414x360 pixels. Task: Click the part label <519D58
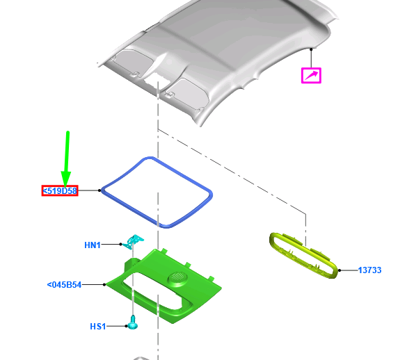60,190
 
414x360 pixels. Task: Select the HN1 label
93,245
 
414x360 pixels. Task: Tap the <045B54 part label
64,285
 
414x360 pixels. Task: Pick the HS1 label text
97,327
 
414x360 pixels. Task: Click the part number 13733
369,270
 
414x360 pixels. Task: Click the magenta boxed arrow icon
311,76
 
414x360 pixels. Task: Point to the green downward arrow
66,159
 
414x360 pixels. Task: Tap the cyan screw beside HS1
132,322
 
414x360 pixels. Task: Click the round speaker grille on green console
177,277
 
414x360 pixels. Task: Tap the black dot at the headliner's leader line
311,49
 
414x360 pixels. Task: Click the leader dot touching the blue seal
99,190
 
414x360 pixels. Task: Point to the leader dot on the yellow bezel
340,270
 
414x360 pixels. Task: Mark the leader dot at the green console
104,284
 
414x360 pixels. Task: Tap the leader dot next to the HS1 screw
127,326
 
